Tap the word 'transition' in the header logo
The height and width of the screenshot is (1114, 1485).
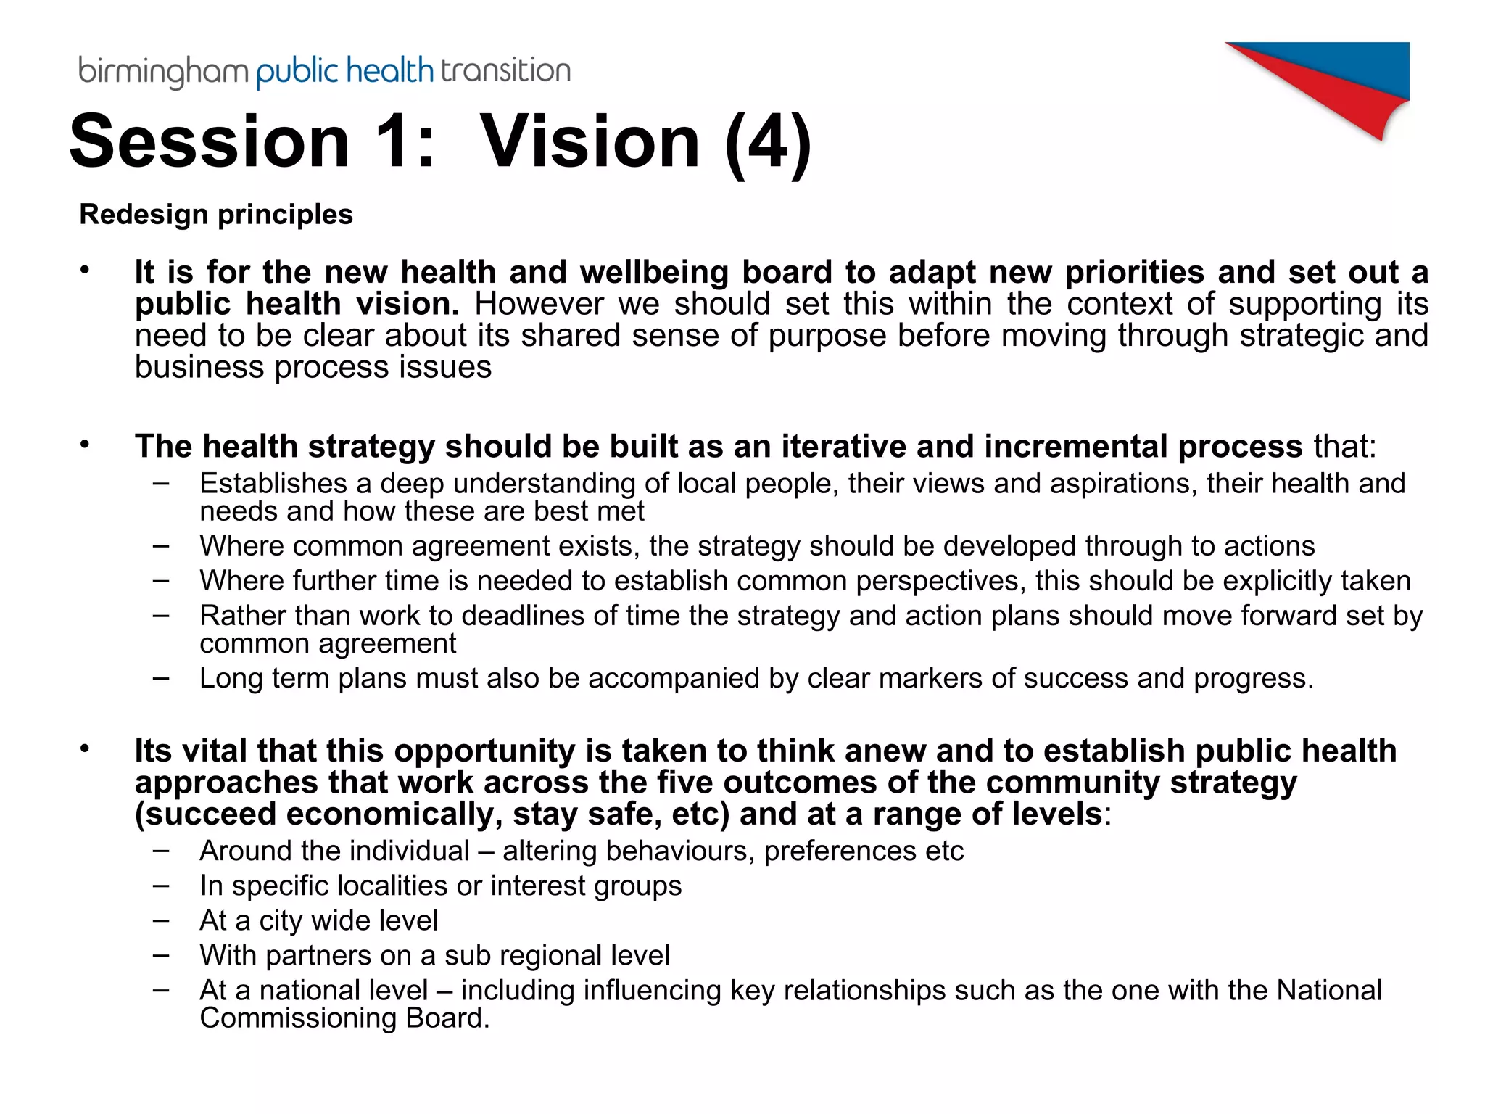505,71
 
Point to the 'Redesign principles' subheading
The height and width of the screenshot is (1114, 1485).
216,215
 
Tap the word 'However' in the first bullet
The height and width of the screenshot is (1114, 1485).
539,304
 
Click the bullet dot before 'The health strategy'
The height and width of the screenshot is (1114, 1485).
85,444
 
